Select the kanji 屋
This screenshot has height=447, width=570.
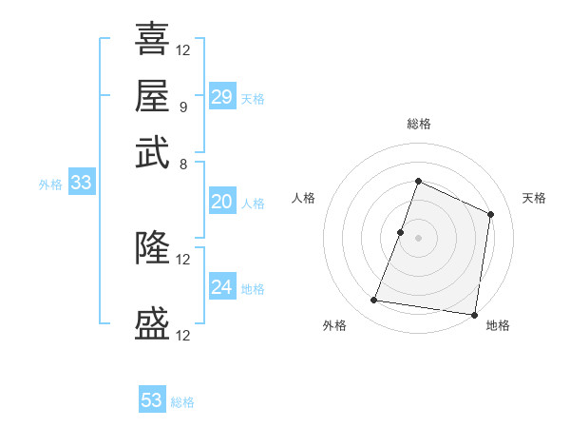[153, 95]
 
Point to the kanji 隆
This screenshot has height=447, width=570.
[153, 247]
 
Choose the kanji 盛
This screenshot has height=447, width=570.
[153, 323]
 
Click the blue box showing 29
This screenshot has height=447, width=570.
[222, 97]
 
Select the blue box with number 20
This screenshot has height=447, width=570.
[222, 202]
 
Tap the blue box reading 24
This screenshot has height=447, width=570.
[222, 287]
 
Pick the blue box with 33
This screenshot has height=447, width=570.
[81, 183]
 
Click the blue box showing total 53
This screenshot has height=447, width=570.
[152, 400]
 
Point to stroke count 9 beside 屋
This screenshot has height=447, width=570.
[182, 107]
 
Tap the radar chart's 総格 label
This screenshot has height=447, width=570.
[418, 124]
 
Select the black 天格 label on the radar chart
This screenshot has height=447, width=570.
[535, 198]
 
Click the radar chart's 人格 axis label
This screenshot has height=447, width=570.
[304, 198]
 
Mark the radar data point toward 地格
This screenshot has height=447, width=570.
[475, 315]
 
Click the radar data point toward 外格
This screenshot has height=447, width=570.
[374, 301]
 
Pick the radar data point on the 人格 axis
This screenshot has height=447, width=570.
[401, 232]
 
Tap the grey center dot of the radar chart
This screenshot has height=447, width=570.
[418, 238]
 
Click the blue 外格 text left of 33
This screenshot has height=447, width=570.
[50, 185]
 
